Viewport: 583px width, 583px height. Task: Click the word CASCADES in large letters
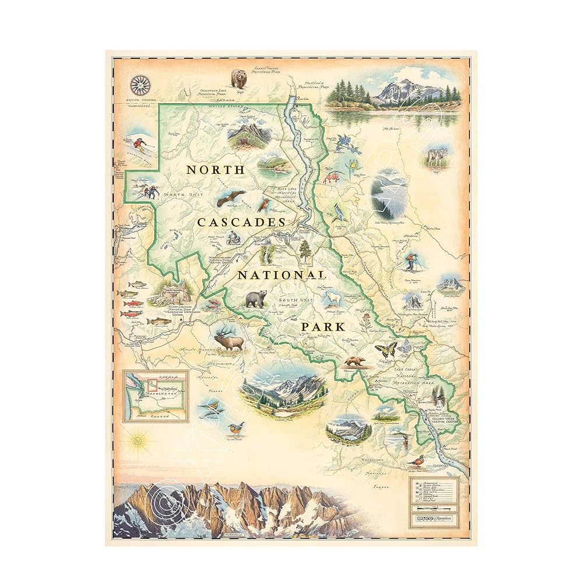(241, 222)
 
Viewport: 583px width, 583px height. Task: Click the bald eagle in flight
(229, 201)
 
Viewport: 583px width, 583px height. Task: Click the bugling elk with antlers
(229, 340)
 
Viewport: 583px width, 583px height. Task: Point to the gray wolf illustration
(436, 156)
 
